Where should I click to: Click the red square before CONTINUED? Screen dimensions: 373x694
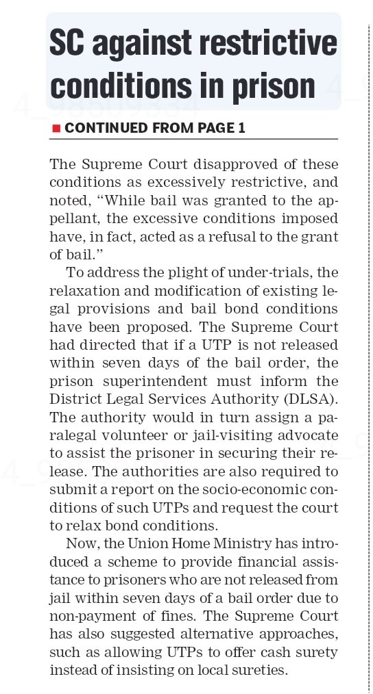pos(56,128)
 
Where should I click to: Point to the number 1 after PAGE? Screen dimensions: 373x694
pos(241,128)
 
